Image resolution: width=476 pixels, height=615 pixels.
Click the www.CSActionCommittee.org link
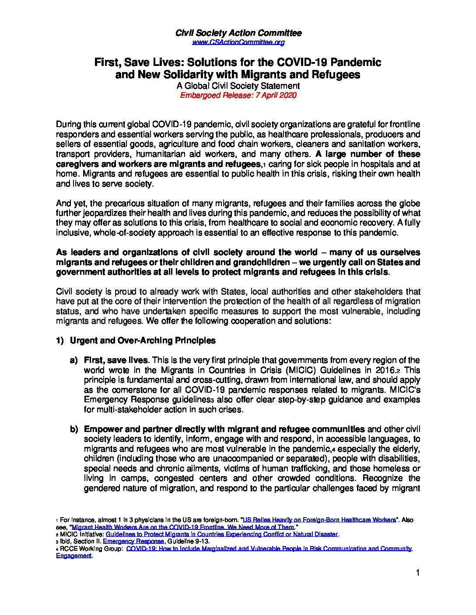click(238, 42)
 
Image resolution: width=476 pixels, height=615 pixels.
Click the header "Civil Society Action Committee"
click(238, 33)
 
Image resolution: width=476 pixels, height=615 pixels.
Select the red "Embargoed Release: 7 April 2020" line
click(238, 95)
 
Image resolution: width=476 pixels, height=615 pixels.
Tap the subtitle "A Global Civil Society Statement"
click(238, 86)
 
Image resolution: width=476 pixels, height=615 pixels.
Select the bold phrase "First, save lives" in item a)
click(116, 360)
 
